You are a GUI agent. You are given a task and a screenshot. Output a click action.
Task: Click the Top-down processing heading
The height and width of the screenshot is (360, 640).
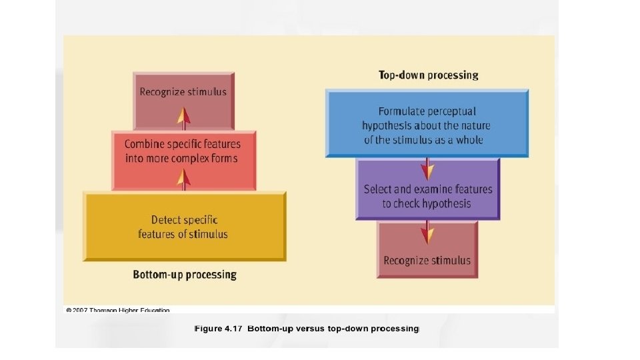click(x=428, y=75)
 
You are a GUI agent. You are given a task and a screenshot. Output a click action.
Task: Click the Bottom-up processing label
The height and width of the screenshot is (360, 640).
click(x=185, y=275)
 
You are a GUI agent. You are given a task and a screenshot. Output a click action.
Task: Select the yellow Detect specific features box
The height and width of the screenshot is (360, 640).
click(x=185, y=227)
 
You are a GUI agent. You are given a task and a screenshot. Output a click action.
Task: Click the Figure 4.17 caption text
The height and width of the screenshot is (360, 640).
click(x=306, y=329)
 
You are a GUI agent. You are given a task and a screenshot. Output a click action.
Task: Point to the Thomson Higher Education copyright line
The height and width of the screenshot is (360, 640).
click(x=118, y=310)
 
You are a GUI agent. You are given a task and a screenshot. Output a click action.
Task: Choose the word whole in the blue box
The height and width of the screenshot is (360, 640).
click(x=469, y=140)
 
